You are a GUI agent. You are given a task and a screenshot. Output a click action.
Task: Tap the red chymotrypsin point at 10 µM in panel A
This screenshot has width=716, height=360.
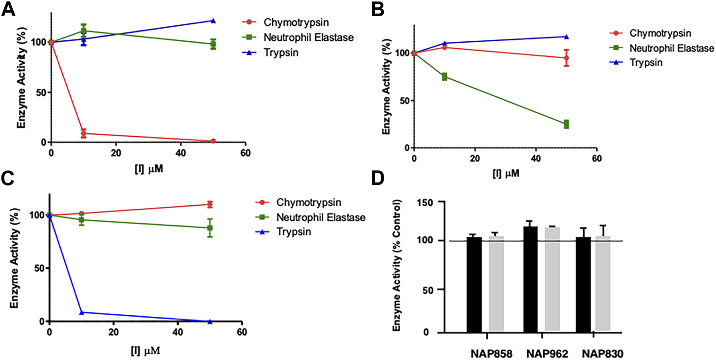[x=84, y=133]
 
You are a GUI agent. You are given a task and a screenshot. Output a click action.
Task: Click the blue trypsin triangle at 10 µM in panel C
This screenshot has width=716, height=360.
[x=81, y=312]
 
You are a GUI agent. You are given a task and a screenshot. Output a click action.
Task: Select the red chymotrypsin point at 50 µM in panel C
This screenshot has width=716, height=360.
[x=210, y=204]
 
